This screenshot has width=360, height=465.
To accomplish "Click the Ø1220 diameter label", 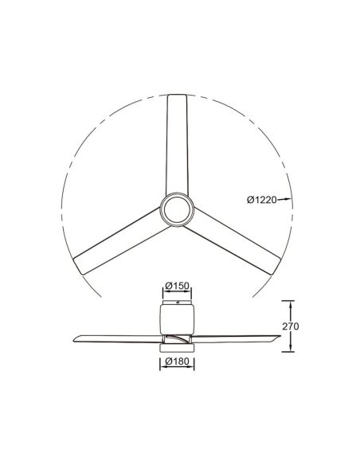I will click(x=260, y=200).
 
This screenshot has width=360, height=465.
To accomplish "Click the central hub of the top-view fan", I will click(x=175, y=212).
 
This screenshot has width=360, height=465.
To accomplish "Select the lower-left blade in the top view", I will click(x=119, y=243).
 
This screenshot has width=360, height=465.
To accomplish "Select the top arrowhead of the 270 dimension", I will click(x=292, y=303).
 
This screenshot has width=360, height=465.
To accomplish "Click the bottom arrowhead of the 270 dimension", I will click(x=292, y=350).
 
